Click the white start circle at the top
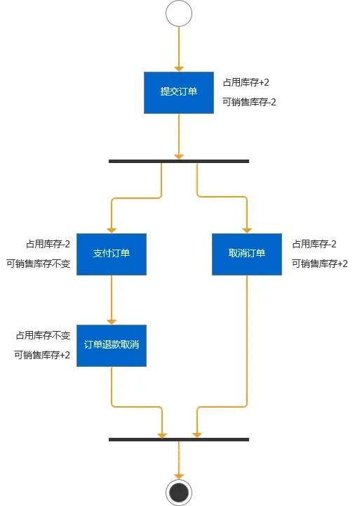[x=179, y=14]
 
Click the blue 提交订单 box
[x=179, y=92]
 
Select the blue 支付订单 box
[x=112, y=254]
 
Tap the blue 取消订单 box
[x=247, y=254]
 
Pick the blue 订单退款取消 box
[x=112, y=345]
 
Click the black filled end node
[x=179, y=492]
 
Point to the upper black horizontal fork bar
[x=179, y=161]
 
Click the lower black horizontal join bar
[x=179, y=439]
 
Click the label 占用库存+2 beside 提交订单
[x=246, y=82]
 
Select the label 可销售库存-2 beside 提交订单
[x=250, y=102]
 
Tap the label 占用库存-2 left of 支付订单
[x=48, y=244]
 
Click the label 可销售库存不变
[x=39, y=264]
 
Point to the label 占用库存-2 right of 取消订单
[x=314, y=244]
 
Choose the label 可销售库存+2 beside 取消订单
[x=320, y=264]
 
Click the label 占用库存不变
[x=43, y=335]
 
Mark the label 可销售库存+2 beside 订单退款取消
[x=42, y=355]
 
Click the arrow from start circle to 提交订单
[x=179, y=49]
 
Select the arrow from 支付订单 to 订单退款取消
[x=112, y=299]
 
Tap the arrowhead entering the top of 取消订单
[x=247, y=229]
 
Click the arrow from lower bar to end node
[x=179, y=460]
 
